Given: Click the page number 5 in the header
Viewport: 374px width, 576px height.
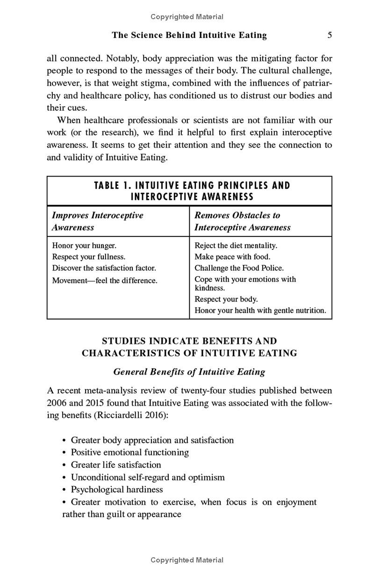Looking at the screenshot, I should tap(330, 35).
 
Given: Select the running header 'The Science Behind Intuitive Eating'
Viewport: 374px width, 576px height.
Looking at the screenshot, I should tap(189, 35).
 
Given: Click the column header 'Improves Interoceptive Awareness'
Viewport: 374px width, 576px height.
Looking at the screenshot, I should tap(97, 221).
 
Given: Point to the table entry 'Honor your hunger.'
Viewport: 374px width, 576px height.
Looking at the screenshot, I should tap(84, 245).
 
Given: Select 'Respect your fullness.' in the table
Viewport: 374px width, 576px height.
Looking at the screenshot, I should tap(88, 256).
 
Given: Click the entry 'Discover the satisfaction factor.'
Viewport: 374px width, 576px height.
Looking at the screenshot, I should tap(104, 268).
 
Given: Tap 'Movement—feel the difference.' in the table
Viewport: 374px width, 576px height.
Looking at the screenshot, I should tap(105, 281).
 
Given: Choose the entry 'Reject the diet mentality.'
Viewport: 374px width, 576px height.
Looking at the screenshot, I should tap(236, 245).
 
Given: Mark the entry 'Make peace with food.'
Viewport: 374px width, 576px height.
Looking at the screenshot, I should tap(232, 256).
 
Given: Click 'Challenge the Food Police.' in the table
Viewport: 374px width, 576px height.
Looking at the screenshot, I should tap(239, 268).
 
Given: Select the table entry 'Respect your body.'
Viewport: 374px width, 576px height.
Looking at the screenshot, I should tap(226, 299).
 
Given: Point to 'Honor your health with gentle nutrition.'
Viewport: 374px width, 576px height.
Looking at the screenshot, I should tap(260, 310).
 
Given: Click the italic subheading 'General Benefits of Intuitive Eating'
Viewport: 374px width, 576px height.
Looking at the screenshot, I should tap(189, 372).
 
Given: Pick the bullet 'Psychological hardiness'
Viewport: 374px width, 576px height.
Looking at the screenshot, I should tap(117, 490).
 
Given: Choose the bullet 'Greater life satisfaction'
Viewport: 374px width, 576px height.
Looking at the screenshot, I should tap(116, 465).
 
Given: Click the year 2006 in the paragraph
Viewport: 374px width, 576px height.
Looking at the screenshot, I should tap(57, 403).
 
